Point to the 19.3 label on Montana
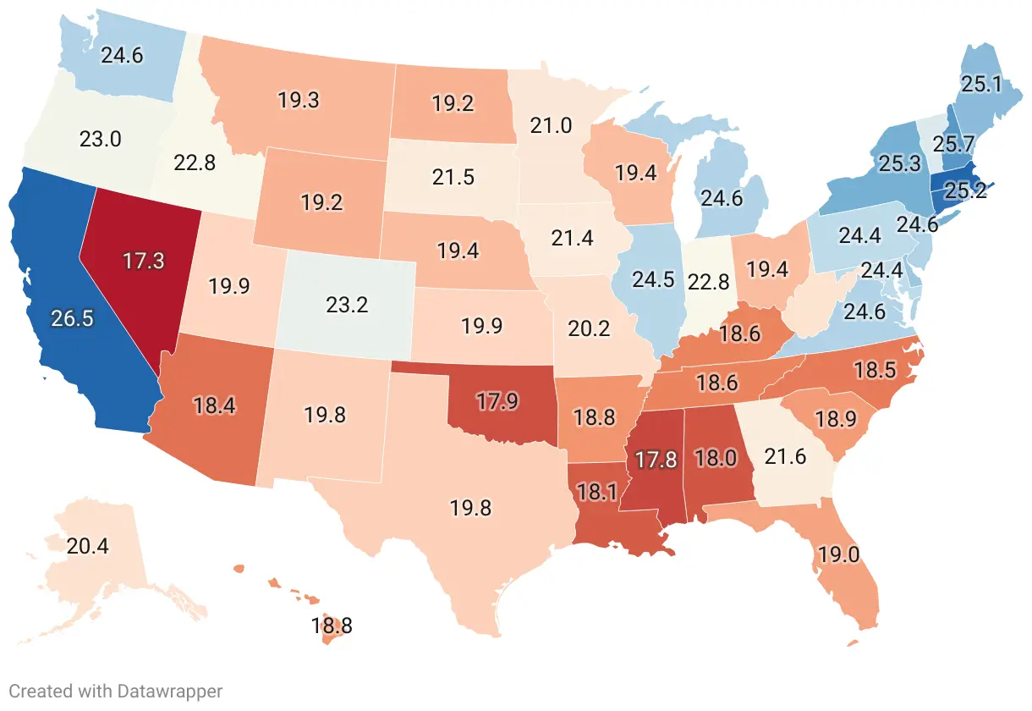point(299,100)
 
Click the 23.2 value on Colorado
point(347,305)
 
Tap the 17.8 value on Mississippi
point(656,460)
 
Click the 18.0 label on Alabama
point(716,457)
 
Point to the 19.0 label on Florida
point(837,555)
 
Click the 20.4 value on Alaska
point(88,546)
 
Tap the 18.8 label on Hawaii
point(332,627)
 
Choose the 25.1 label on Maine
point(980,83)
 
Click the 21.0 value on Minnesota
point(552,126)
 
